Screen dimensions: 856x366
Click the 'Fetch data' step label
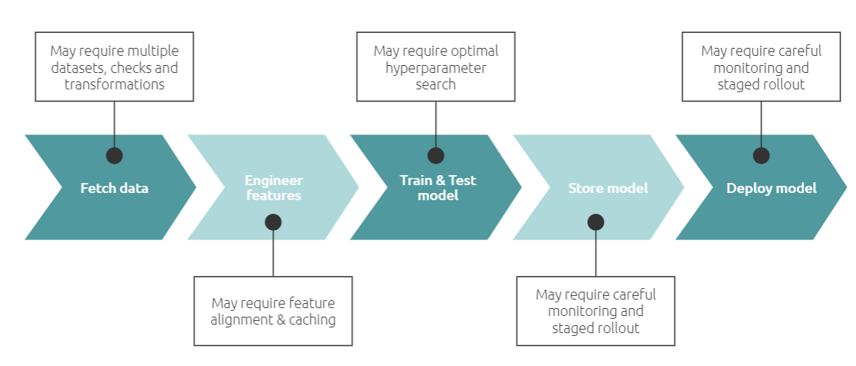[x=114, y=189]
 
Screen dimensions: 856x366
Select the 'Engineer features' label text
[x=273, y=188]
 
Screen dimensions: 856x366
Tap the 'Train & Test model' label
[x=438, y=188]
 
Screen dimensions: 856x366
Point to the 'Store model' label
[x=608, y=189]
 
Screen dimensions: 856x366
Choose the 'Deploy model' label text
[x=772, y=189]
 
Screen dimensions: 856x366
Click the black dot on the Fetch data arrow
[x=114, y=155]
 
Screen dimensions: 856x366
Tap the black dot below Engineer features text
[x=273, y=222]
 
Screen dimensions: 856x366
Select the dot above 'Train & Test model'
[x=436, y=155]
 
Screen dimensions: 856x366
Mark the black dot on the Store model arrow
[x=596, y=222]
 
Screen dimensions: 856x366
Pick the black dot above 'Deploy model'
[x=761, y=155]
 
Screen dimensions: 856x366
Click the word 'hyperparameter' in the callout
[x=436, y=69]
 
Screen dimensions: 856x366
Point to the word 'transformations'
[x=114, y=84]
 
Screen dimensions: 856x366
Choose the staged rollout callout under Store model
[x=596, y=311]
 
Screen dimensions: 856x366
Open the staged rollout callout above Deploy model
[x=761, y=66]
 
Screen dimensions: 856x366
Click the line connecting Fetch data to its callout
[x=114, y=124]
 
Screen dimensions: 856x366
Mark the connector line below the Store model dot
[x=596, y=253]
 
